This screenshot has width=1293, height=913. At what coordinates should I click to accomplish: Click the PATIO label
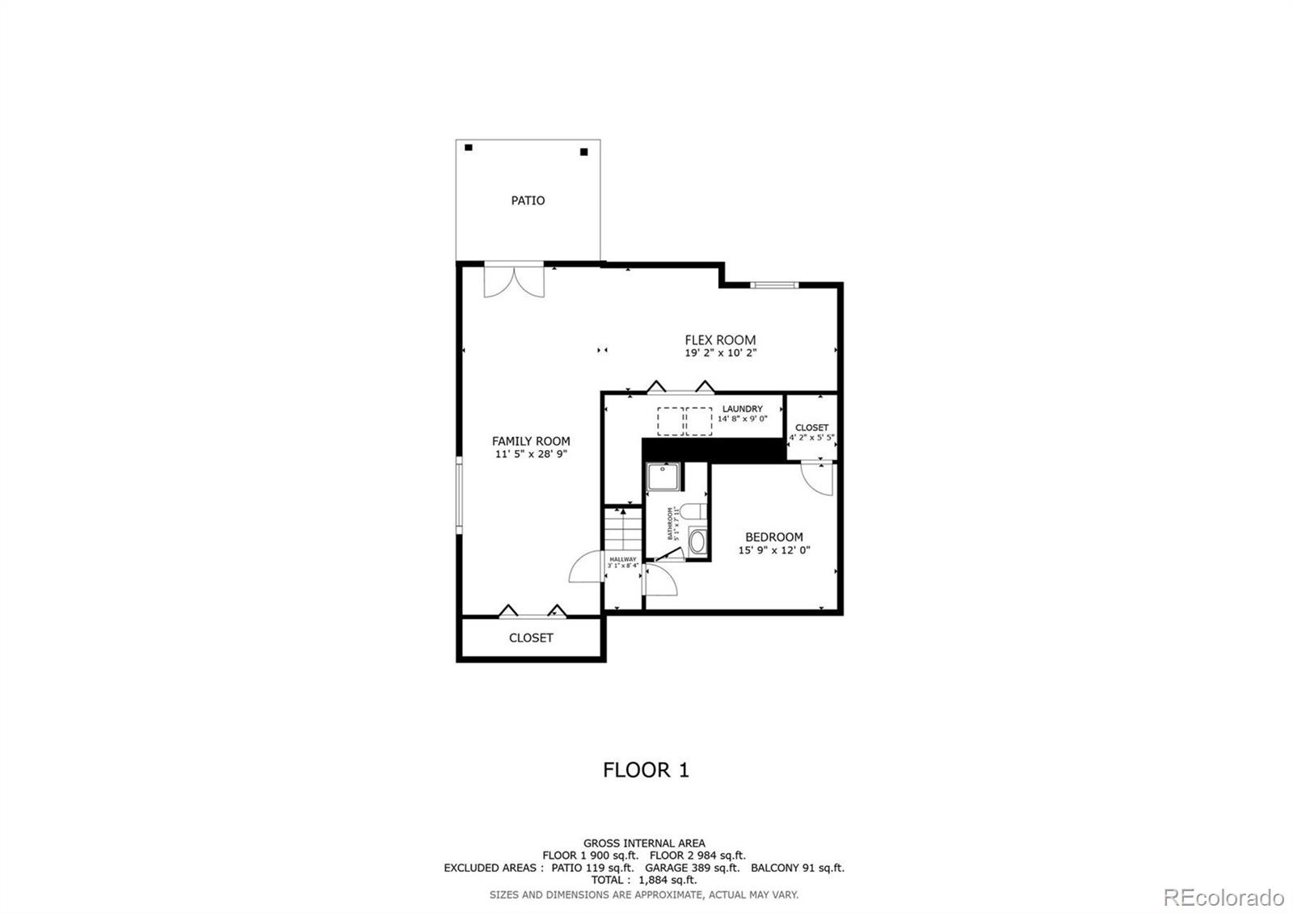(528, 200)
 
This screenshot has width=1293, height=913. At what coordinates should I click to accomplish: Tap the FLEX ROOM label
(720, 340)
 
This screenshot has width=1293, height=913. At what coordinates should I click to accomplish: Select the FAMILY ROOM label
(531, 441)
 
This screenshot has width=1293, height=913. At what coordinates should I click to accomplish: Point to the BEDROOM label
(773, 537)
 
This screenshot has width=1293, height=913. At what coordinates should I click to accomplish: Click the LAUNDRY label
(742, 409)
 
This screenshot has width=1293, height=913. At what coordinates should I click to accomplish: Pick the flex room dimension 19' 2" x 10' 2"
(720, 353)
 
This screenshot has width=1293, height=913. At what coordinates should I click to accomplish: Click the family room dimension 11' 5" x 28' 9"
(531, 454)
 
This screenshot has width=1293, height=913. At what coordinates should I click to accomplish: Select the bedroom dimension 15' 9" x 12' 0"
(773, 550)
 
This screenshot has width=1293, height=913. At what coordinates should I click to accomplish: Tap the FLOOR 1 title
(646, 770)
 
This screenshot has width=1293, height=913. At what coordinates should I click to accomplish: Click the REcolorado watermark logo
(1223, 897)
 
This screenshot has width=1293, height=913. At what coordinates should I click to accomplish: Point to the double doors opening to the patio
(513, 280)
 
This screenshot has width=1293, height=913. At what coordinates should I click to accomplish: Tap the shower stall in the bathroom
(663, 476)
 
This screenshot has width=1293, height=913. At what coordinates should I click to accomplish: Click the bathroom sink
(697, 541)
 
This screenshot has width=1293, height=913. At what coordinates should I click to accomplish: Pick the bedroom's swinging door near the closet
(816, 478)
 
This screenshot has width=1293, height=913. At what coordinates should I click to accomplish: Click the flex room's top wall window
(773, 284)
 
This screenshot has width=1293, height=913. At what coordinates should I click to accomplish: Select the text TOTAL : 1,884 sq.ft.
(643, 880)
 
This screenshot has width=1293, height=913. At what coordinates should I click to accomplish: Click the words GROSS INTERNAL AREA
(643, 844)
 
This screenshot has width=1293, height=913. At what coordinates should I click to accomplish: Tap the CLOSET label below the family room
(531, 638)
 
